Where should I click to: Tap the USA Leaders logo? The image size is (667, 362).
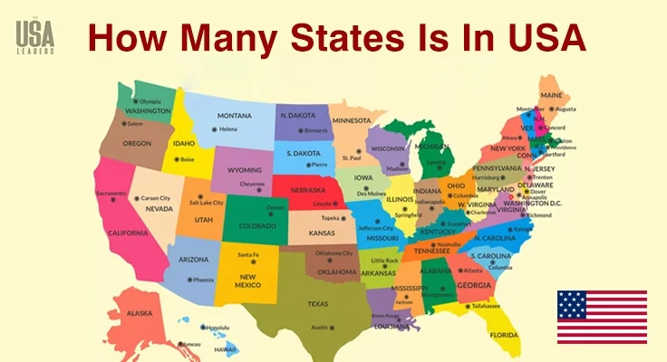(35, 36)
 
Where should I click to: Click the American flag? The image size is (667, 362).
(602, 317)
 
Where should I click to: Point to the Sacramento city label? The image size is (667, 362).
(111, 194)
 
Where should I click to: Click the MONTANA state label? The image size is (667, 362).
(234, 116)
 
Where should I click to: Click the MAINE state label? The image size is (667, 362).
(550, 95)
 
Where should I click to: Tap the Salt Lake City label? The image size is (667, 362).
(206, 203)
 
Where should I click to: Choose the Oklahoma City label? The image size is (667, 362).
(334, 252)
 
